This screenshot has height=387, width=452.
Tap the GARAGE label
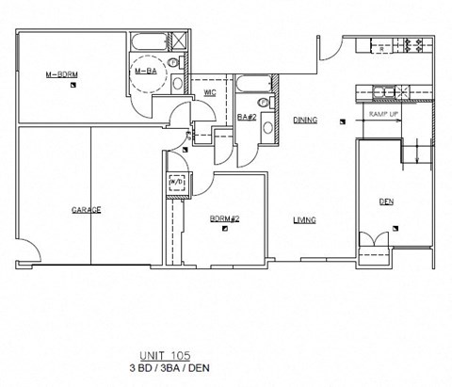[86, 209]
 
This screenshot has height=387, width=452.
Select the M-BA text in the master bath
[145, 71]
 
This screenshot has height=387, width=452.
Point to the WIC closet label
[209, 92]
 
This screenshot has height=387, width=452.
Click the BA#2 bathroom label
[247, 117]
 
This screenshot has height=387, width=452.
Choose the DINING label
[304, 121]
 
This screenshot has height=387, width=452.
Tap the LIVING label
[303, 219]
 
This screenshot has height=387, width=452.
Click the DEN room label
[386, 201]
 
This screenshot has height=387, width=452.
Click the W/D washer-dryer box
[176, 183]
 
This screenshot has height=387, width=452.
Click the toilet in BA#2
[267, 127]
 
